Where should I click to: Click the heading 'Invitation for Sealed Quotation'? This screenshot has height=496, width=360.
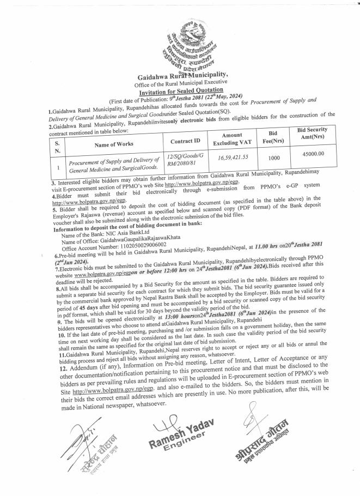coord(179,90)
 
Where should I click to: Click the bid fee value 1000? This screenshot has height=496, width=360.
coord(274,160)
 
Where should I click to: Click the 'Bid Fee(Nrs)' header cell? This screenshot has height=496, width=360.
coord(274,140)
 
